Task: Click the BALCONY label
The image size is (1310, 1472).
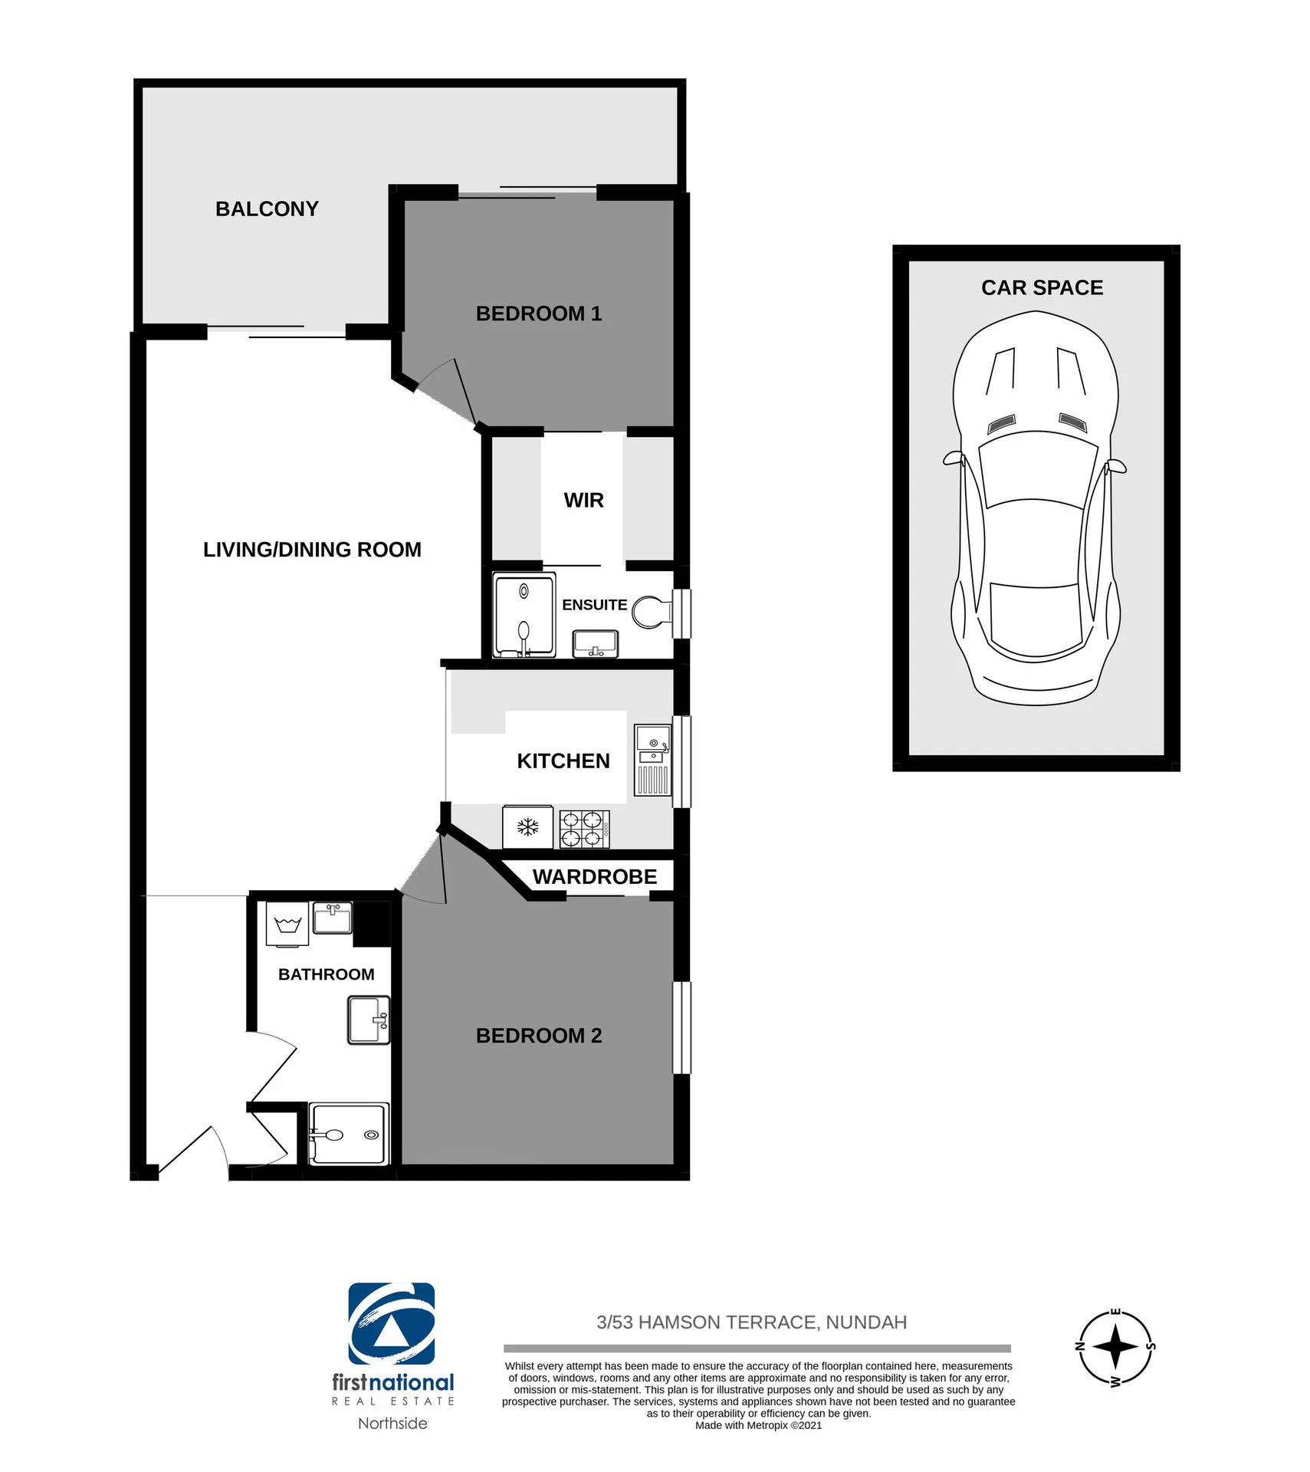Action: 267,209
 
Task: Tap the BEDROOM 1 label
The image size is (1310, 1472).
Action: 539,314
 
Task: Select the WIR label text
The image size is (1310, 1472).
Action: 584,501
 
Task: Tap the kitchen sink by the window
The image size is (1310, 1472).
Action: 653,760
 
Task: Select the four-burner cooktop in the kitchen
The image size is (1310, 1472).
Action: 585,829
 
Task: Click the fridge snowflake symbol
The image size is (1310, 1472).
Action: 527,826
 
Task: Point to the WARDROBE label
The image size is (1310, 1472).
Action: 595,876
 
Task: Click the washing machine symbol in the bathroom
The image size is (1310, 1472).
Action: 287,924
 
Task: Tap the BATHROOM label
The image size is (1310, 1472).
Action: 327,974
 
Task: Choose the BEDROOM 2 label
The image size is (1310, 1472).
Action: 539,1036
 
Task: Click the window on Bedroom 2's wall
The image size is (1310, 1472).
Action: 682,1027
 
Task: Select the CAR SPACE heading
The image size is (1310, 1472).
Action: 1042,287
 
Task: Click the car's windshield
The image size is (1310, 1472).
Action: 1036,468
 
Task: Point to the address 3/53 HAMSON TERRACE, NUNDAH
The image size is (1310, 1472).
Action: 752,1322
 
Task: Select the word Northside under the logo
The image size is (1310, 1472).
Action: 392,1423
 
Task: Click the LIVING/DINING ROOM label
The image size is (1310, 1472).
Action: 312,550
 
